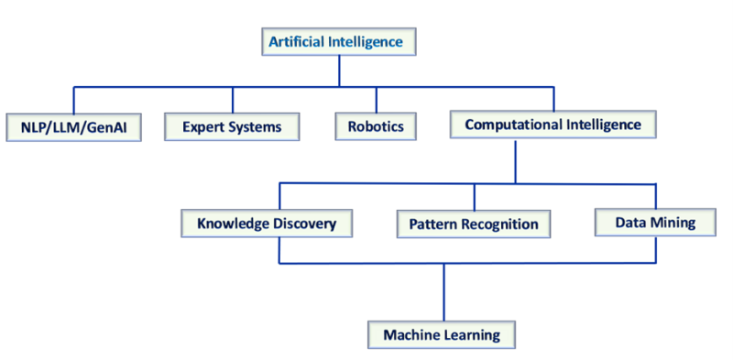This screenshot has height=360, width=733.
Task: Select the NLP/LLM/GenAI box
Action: [73, 126]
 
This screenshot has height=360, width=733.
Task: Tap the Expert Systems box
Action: [233, 126]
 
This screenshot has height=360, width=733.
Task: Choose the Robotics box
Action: [376, 126]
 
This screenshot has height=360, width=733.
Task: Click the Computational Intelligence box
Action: [552, 124]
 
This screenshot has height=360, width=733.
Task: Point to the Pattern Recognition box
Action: [474, 224]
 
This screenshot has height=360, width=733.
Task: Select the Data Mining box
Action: [656, 221]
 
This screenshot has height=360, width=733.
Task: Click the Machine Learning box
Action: [443, 334]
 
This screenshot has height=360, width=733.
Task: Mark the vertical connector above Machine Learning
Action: [444, 291]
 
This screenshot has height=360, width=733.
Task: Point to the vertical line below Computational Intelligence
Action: [516, 160]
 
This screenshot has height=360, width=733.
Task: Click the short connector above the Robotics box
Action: [376, 99]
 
